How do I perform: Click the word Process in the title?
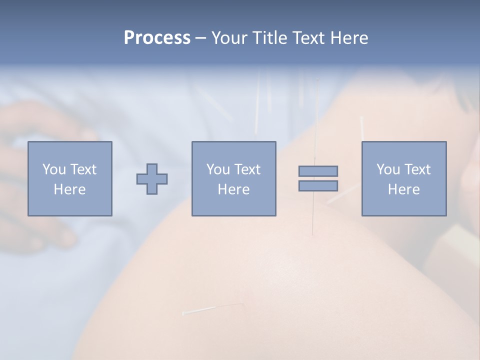157,38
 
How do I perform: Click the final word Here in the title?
348,38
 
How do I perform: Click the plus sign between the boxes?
152,179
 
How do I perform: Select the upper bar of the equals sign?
318,171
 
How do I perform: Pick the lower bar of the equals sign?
318,185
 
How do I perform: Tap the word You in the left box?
53,169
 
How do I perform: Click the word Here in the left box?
69,189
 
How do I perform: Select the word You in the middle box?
217,169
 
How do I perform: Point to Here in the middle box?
233,189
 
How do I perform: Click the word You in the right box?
387,169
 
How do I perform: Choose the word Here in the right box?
403,189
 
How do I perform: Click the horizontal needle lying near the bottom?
212,308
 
